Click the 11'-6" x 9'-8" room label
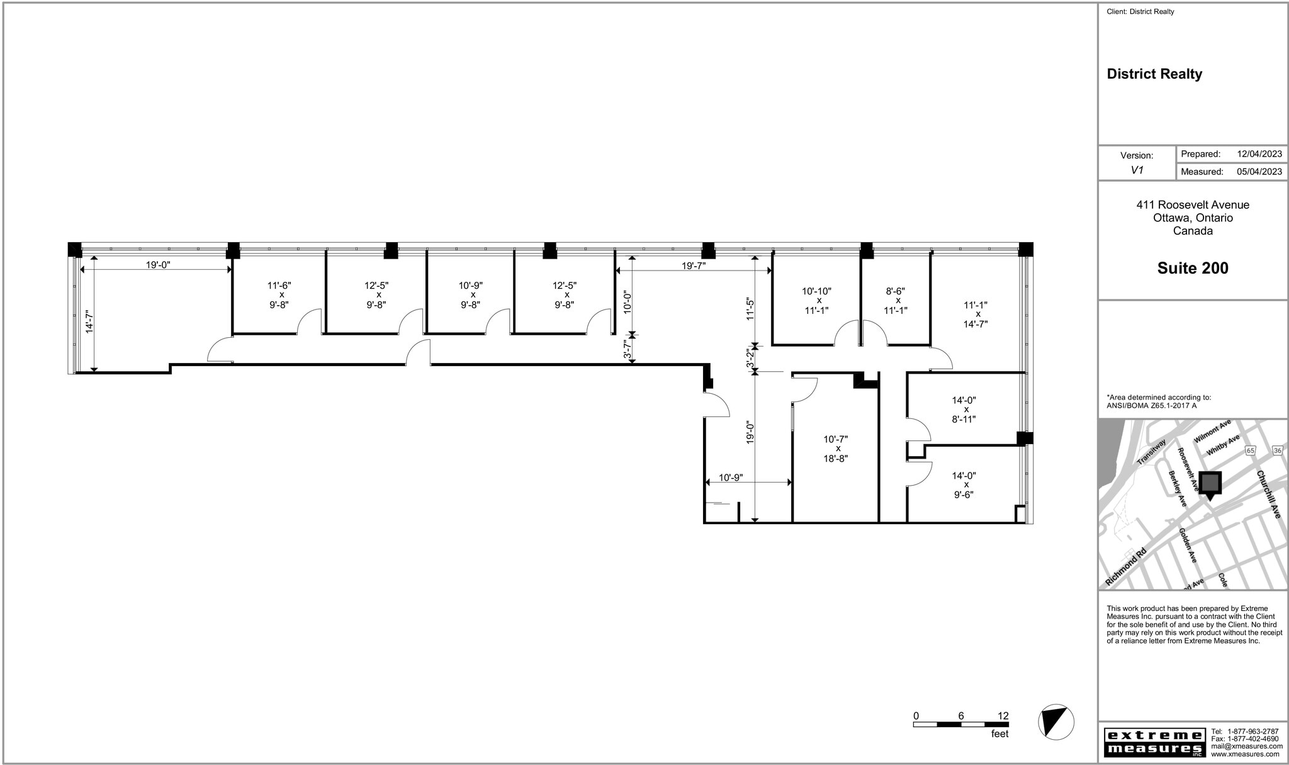(279, 294)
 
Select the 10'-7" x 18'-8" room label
(835, 449)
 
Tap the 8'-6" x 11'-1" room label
(895, 301)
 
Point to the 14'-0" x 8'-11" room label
(964, 410)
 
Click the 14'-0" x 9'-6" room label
(964, 485)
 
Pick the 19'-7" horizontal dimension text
(694, 265)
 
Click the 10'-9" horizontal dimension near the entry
(731, 477)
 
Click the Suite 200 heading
(1192, 268)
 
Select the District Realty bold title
(1154, 74)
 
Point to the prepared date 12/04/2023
(1259, 154)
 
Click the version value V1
(1137, 170)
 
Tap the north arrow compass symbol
(1055, 721)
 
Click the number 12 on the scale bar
(1003, 716)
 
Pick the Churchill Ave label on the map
(1268, 494)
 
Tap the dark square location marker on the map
(1209, 483)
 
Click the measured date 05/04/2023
(1259, 171)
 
